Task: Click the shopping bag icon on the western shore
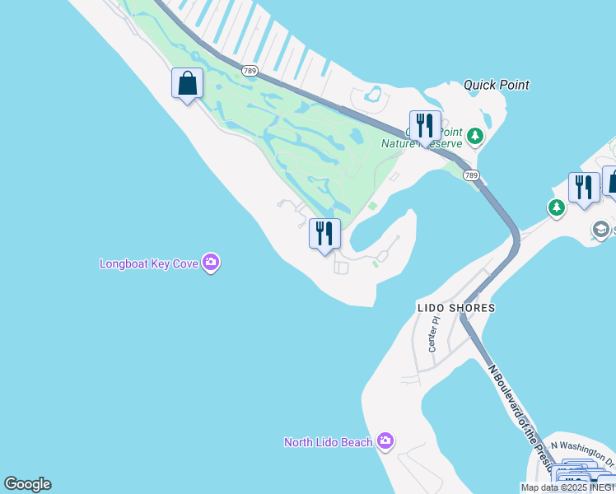(187, 83)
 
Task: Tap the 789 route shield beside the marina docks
(250, 71)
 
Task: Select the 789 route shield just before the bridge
(470, 175)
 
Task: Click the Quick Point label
(496, 85)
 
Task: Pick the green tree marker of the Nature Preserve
(474, 135)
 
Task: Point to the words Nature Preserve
(422, 143)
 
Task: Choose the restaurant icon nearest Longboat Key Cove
(324, 234)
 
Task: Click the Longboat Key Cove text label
(151, 264)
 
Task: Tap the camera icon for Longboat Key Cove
(211, 263)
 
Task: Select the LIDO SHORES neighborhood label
(456, 308)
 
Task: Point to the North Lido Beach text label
(329, 442)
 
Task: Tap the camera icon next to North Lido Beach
(385, 441)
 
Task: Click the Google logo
(27, 484)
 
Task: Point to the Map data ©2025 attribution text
(567, 487)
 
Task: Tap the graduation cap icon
(601, 230)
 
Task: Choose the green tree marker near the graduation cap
(557, 208)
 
